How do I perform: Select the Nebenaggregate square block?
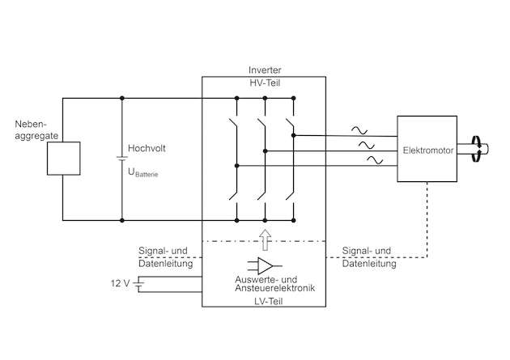pyautogui.click(x=63, y=158)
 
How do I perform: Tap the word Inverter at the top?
pyautogui.click(x=264, y=70)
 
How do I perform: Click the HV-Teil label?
pyautogui.click(x=264, y=83)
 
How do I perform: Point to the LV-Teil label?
pyautogui.click(x=264, y=299)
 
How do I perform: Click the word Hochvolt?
pyautogui.click(x=147, y=149)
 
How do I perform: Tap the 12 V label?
pyautogui.click(x=120, y=283)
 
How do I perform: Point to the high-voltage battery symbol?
pyautogui.click(x=121, y=159)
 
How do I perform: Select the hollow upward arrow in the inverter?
pyautogui.click(x=264, y=239)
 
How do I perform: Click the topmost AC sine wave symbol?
pyautogui.click(x=357, y=129)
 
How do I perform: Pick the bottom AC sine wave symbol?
pyautogui.click(x=376, y=160)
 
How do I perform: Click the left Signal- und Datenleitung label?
pyautogui.click(x=164, y=256)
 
